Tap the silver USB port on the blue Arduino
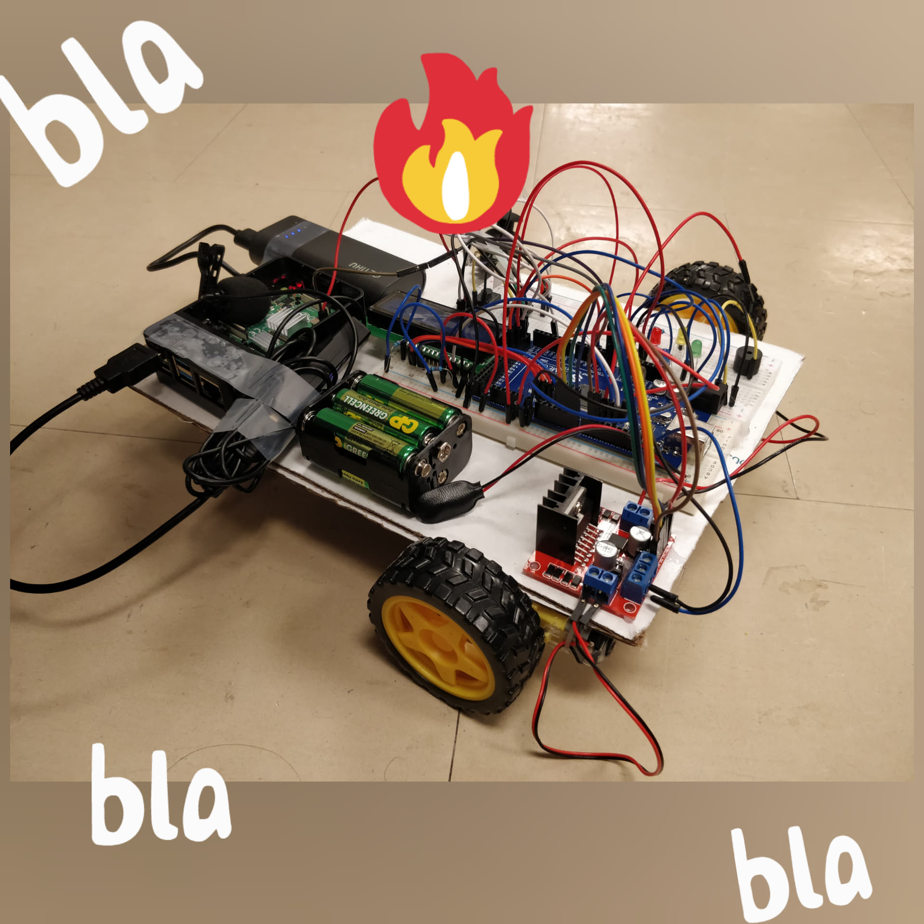pyautogui.click(x=700, y=440)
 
